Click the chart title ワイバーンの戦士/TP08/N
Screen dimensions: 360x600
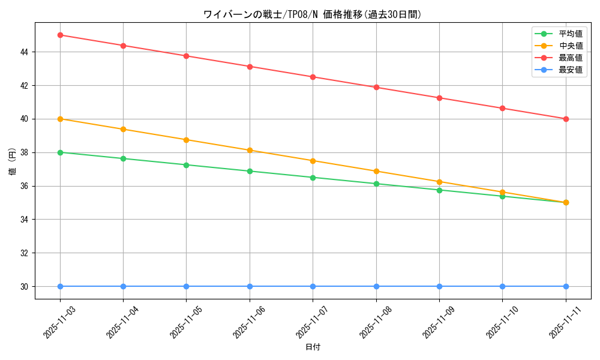click(x=312, y=14)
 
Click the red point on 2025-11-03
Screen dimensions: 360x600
click(x=60, y=35)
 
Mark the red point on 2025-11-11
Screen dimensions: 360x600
click(x=566, y=119)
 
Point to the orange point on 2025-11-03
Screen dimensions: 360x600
click(x=60, y=119)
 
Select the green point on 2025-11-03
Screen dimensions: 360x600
click(x=60, y=152)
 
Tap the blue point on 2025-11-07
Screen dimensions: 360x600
click(x=313, y=286)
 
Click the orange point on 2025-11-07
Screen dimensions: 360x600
click(x=313, y=161)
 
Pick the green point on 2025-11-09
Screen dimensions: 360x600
click(x=439, y=190)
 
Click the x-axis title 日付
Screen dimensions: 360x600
click(x=313, y=347)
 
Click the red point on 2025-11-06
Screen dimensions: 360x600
click(x=250, y=67)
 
